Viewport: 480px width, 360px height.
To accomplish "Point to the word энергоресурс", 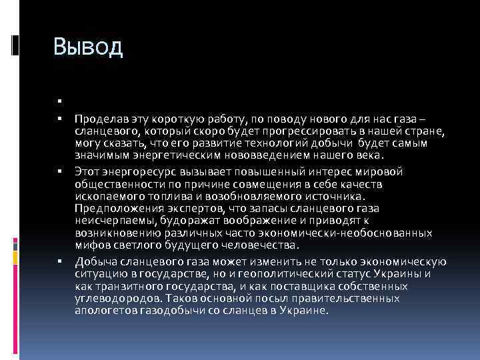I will coord(132,171).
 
